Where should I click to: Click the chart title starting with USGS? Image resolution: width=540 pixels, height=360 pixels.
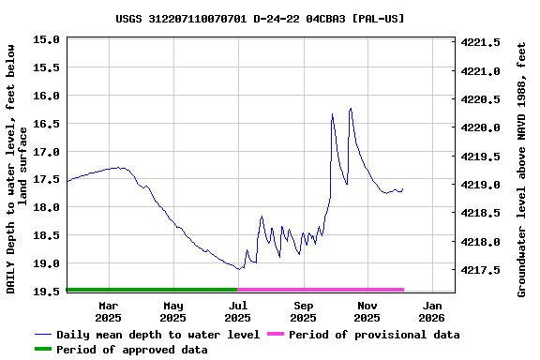point(261,18)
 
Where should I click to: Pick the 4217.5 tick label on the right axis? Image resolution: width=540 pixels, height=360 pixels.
point(480,270)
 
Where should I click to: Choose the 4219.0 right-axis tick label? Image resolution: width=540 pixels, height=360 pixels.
point(480,185)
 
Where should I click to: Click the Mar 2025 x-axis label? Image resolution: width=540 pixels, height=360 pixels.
point(109,311)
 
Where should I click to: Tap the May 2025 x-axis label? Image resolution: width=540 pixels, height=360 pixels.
point(173,311)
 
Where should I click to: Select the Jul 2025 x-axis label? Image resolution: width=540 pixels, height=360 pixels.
point(238,311)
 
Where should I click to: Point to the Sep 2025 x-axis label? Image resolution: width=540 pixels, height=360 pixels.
point(303,311)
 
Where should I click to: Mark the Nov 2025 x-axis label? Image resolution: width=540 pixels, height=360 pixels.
point(367,311)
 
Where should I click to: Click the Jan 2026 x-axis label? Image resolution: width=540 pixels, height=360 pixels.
point(432,311)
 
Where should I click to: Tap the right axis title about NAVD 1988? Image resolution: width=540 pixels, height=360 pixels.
point(522,169)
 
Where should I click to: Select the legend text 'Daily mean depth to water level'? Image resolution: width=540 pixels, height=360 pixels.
point(157,335)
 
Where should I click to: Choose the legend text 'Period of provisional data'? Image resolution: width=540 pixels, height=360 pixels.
point(374,335)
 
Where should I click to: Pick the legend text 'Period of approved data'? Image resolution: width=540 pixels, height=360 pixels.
point(131,350)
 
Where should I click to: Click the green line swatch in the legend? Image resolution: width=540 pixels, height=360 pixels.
point(43,350)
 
